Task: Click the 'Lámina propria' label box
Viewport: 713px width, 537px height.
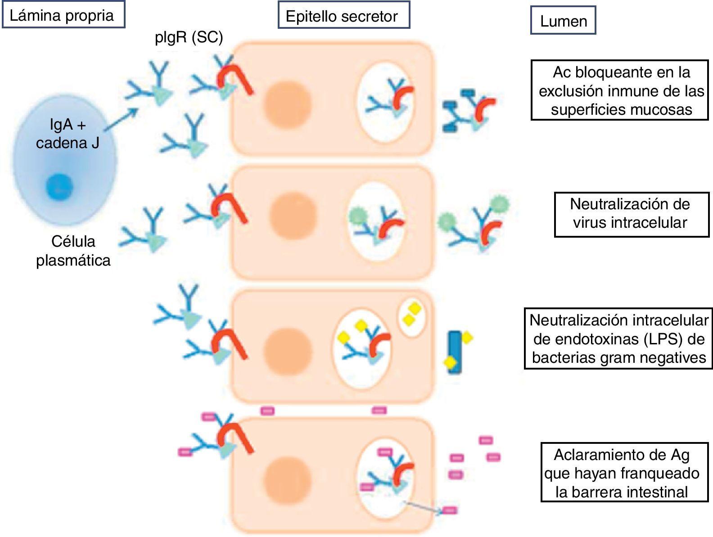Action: tap(63, 16)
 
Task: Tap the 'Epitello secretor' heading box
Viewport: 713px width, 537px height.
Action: tap(343, 16)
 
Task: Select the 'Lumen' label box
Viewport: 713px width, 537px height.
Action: tap(563, 21)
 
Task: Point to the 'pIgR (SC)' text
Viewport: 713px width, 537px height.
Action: tap(189, 37)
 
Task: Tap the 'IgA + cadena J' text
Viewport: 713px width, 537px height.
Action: tap(68, 134)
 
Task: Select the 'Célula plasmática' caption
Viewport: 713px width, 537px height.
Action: tap(73, 251)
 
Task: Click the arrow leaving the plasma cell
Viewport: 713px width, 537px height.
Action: tap(122, 118)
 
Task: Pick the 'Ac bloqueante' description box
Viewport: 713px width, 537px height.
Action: tap(619, 90)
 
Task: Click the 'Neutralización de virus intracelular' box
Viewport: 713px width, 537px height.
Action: tap(631, 214)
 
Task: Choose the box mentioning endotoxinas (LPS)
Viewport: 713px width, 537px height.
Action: tap(618, 338)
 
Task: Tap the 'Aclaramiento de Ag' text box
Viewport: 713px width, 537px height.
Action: tap(621, 473)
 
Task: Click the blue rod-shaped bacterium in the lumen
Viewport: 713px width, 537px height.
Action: tap(455, 352)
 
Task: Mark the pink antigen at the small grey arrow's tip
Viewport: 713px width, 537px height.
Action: tap(449, 510)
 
